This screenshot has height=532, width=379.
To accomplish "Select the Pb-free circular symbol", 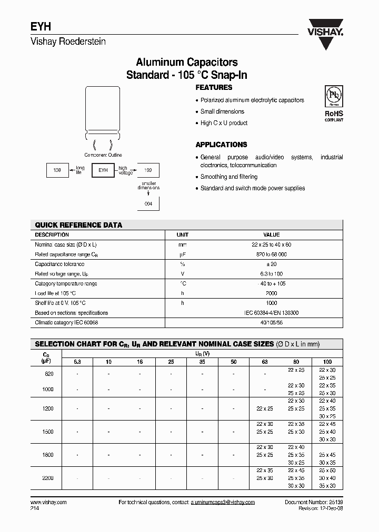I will (333, 96).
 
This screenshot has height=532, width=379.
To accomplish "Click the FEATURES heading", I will (214, 88).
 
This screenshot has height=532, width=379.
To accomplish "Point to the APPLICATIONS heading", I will (221, 145).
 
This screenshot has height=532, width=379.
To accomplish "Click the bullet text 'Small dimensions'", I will (222, 111).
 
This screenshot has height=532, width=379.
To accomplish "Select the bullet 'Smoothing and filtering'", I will (228, 177).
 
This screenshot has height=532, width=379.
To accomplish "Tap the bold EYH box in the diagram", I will (103, 170).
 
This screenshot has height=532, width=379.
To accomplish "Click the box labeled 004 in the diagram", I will (148, 203).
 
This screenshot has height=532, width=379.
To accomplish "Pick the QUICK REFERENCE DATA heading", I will (78, 225).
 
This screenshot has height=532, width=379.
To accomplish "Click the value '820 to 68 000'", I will (271, 254).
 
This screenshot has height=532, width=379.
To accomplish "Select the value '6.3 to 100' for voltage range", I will (271, 274).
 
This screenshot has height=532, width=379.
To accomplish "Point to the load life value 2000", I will (271, 293).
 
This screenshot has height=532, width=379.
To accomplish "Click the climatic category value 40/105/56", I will (271, 322).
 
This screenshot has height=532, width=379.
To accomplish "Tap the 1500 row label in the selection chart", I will (49, 432).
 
